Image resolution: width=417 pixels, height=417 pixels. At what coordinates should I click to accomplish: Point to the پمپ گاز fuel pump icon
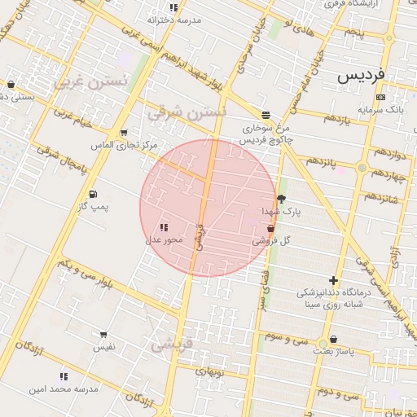coord(93,194)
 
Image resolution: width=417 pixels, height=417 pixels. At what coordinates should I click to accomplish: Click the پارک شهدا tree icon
coord(282,198)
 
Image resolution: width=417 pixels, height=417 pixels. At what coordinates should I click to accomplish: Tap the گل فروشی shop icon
coord(270,229)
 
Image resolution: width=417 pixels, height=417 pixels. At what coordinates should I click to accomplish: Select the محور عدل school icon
coord(165,228)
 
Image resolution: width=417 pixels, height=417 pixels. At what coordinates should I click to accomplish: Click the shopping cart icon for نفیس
coord(103,335)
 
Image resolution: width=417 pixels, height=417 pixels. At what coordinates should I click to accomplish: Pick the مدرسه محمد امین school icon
coord(64,376)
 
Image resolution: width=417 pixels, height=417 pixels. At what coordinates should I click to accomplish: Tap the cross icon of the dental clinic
coord(333,280)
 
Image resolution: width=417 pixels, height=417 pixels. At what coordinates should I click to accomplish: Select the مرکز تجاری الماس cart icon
coord(123,132)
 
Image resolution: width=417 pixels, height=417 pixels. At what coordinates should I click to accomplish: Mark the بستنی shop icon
coord(11,84)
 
